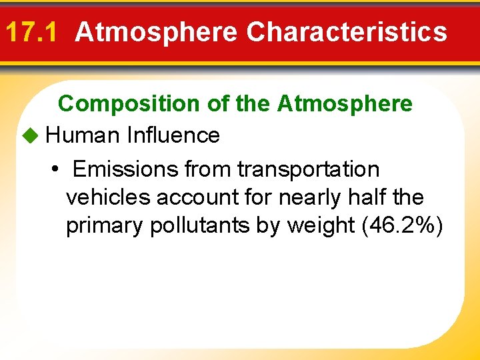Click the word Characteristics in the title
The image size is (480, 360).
(347, 31)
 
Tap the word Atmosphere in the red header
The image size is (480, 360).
(156, 31)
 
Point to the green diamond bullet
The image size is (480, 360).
(31, 135)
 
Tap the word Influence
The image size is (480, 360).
(173, 135)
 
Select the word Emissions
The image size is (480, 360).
(125, 169)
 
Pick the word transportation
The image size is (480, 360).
(308, 169)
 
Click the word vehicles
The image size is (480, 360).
(108, 197)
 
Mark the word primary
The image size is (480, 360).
(105, 226)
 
